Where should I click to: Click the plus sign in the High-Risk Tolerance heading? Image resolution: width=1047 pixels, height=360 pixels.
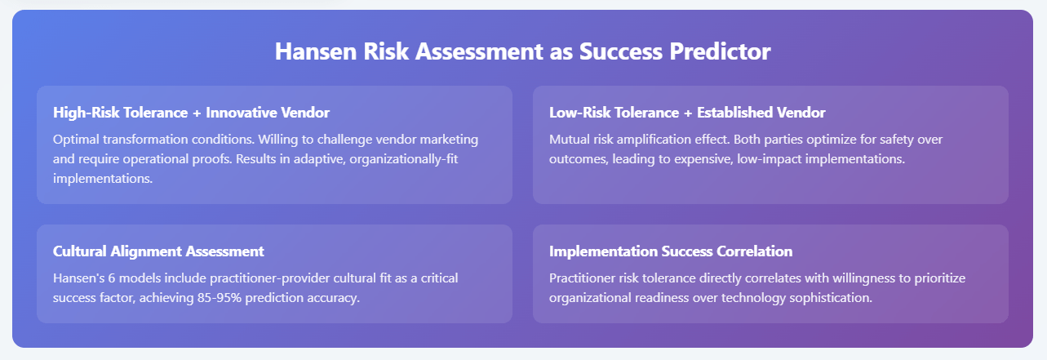click(x=197, y=113)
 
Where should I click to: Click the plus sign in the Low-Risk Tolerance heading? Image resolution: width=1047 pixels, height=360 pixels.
click(x=688, y=113)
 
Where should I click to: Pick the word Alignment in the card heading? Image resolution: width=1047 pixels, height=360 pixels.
click(x=145, y=251)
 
